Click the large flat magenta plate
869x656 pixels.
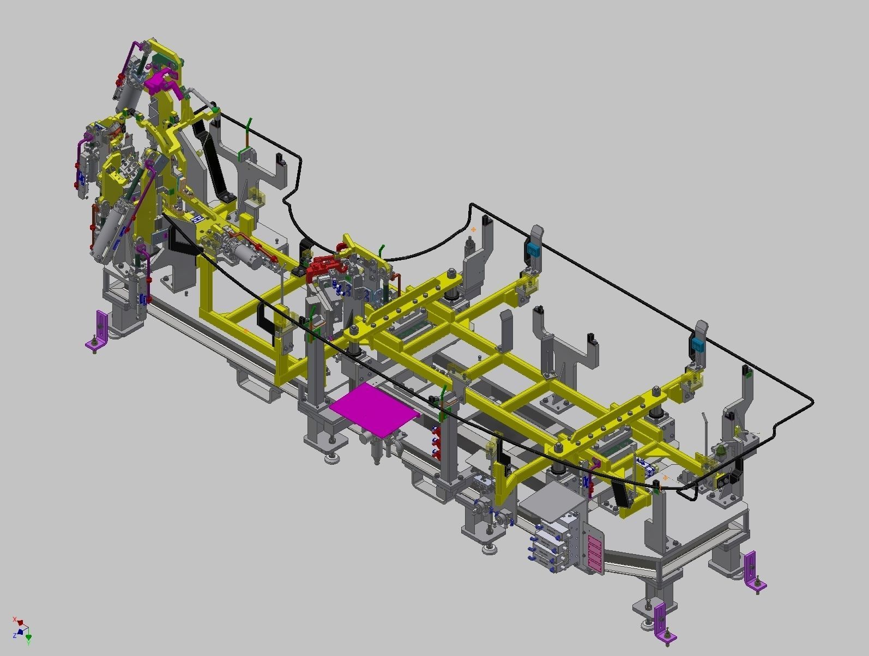pos(373,409)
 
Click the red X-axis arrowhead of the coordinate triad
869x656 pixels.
pos(20,622)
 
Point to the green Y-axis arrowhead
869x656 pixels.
pos(28,637)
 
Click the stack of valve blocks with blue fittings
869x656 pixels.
pos(551,542)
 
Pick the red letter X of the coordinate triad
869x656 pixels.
pos(14,619)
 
